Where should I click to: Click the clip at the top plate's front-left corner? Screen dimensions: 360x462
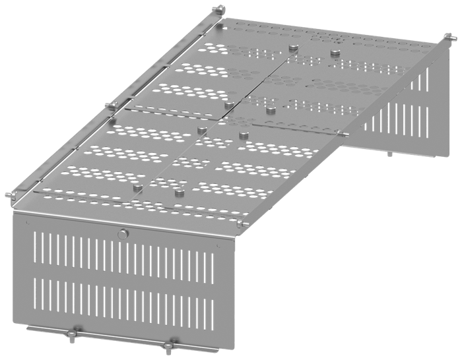[x=15, y=198]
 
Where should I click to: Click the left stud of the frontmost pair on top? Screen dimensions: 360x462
[x=137, y=189]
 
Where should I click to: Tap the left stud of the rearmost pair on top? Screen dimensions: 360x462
[x=293, y=47]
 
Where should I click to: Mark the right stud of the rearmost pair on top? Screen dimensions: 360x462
[x=335, y=53]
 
